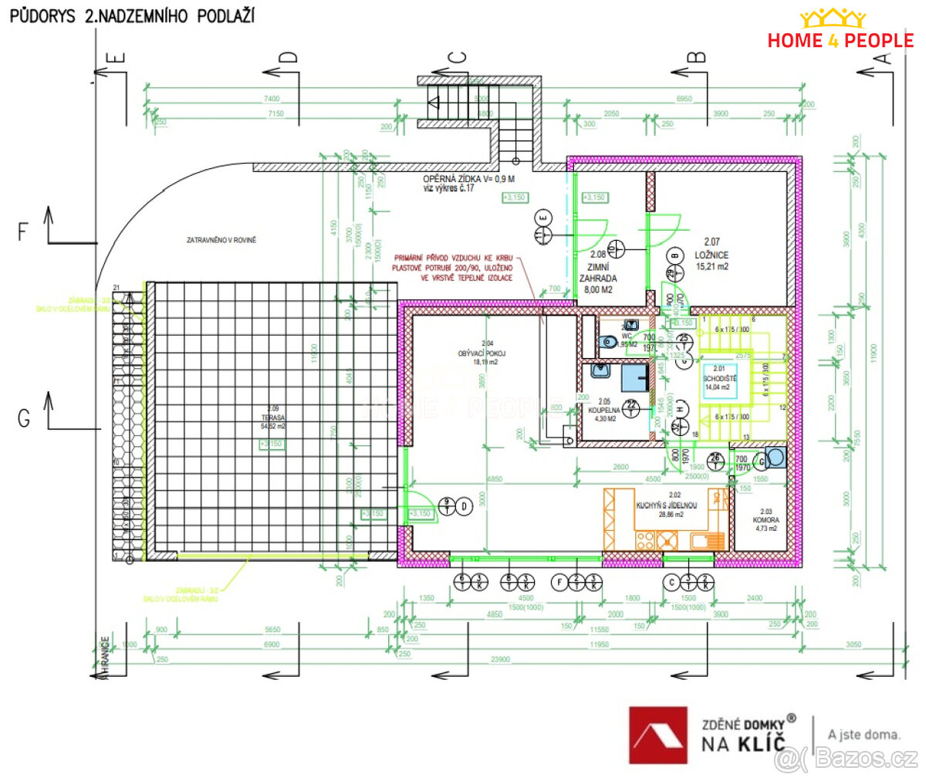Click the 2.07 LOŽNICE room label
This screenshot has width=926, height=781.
711,254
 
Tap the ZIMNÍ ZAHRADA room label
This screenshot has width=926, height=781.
598,272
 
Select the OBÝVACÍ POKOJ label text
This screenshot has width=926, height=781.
482,353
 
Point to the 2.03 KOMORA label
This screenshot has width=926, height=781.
765,520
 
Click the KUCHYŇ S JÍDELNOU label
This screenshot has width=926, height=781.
667,505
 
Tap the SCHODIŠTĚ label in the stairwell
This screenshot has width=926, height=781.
719,378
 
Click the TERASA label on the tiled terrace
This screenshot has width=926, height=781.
272,418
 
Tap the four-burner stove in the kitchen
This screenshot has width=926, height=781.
645,541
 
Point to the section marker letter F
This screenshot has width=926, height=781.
23,231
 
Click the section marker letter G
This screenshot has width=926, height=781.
24,418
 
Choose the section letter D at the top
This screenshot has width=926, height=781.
288,57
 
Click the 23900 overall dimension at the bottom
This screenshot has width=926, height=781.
500,660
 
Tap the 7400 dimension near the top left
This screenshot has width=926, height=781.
272,99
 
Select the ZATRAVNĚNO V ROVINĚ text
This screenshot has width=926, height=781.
221,240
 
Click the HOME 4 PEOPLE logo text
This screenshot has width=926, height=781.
840,40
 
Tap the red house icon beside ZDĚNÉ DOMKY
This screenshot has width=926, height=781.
657,735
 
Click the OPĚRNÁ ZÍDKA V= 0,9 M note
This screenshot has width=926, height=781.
468,179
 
